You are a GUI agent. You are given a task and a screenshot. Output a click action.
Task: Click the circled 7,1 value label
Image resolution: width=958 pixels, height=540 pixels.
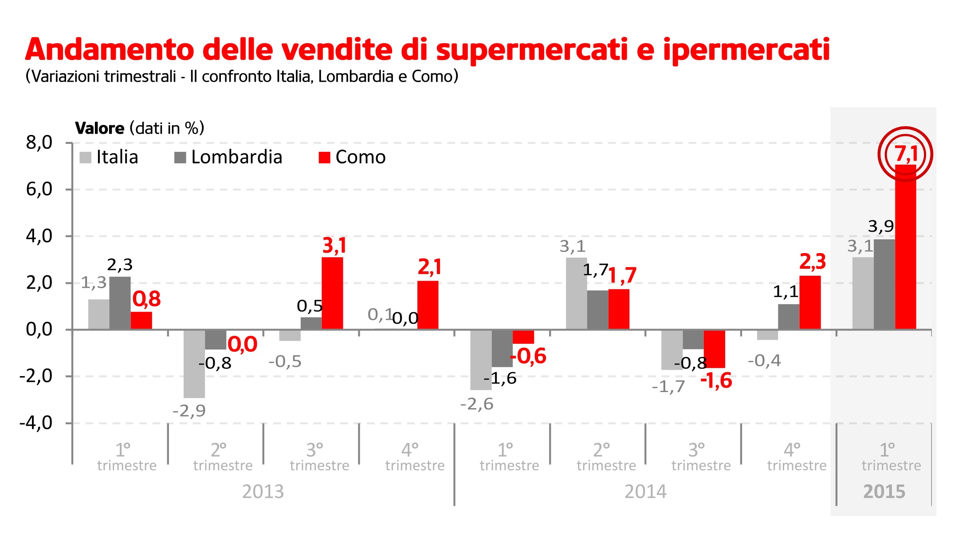(905, 154)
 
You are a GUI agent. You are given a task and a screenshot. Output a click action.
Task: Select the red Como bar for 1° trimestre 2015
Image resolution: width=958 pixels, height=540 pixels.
(905, 249)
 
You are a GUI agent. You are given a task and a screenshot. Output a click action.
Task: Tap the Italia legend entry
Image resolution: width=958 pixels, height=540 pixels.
(109, 157)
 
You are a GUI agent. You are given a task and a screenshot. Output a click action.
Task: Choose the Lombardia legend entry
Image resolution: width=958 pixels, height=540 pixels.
(228, 157)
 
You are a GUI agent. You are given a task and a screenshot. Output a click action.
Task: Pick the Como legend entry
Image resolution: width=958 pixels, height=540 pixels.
(352, 157)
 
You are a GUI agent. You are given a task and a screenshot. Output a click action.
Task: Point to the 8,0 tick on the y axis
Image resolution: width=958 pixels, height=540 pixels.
(39, 143)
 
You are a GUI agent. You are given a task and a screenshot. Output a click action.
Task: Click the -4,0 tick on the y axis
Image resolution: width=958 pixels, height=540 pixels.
(36, 423)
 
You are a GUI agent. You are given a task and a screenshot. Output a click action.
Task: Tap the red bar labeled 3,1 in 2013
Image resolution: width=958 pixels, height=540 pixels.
(332, 293)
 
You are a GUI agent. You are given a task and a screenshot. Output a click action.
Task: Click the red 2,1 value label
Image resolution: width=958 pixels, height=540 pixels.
(429, 267)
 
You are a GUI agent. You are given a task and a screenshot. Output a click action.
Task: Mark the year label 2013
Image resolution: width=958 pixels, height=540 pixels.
(263, 492)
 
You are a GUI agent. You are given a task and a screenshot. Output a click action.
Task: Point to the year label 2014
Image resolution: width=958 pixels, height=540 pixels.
(645, 492)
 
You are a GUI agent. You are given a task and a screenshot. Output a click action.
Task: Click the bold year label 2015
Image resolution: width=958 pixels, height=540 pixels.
(884, 492)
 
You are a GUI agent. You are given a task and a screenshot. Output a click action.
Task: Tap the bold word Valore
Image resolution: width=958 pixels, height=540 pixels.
(100, 128)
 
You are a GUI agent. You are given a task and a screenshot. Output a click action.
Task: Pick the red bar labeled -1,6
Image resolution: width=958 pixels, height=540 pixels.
(714, 349)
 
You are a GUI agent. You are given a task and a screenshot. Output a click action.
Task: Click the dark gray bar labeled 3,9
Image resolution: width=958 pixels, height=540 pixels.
(884, 284)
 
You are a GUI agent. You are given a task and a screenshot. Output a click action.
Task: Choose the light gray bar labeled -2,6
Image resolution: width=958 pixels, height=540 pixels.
(481, 360)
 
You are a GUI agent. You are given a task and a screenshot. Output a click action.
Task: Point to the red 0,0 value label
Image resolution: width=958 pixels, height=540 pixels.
(242, 345)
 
